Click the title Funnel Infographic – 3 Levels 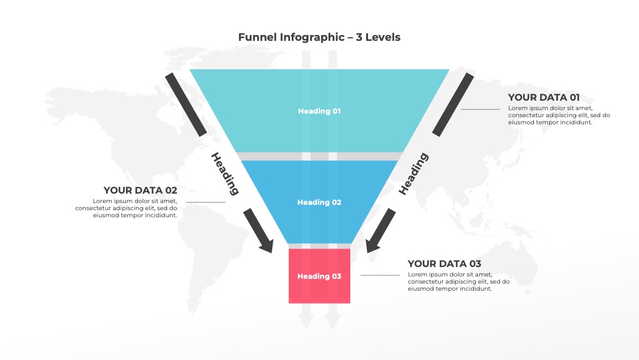point(319,37)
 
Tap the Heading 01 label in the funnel point(319,111)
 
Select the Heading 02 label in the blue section point(319,202)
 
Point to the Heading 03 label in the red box point(319,276)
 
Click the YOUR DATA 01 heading point(544,98)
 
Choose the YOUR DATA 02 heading point(140,191)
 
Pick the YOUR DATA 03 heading point(444,263)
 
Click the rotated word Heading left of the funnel point(225,173)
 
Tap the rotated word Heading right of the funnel point(413,173)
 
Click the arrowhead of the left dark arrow point(267,246)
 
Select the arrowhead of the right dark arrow point(372,246)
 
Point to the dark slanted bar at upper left point(186,105)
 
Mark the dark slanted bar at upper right point(453,105)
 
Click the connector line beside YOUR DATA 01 point(480,110)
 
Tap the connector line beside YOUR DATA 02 point(206,202)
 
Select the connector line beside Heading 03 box point(380,275)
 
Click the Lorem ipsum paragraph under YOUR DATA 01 point(559,115)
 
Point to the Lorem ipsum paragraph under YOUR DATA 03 point(459,282)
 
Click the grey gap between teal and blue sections point(319,156)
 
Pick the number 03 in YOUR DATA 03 point(475,263)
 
